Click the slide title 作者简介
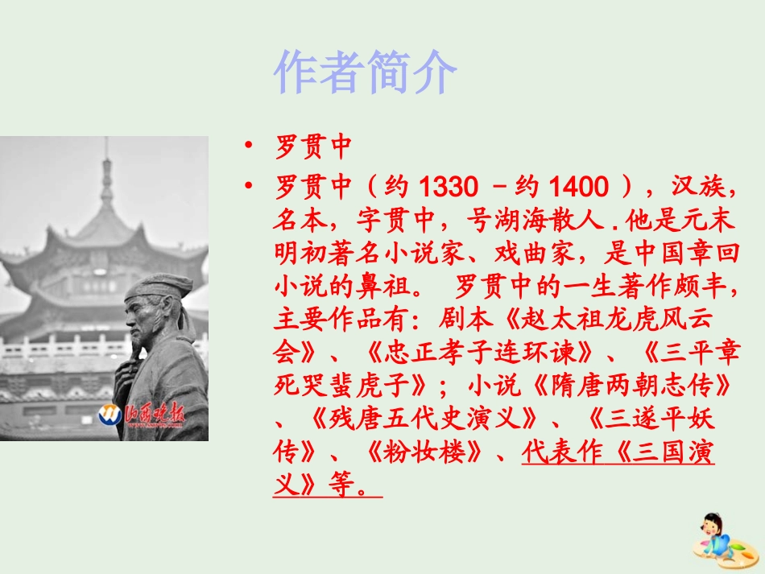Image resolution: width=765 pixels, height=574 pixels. point(366,73)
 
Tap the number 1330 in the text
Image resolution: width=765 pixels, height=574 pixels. point(449,188)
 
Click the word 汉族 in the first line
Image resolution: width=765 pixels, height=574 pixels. point(698,188)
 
